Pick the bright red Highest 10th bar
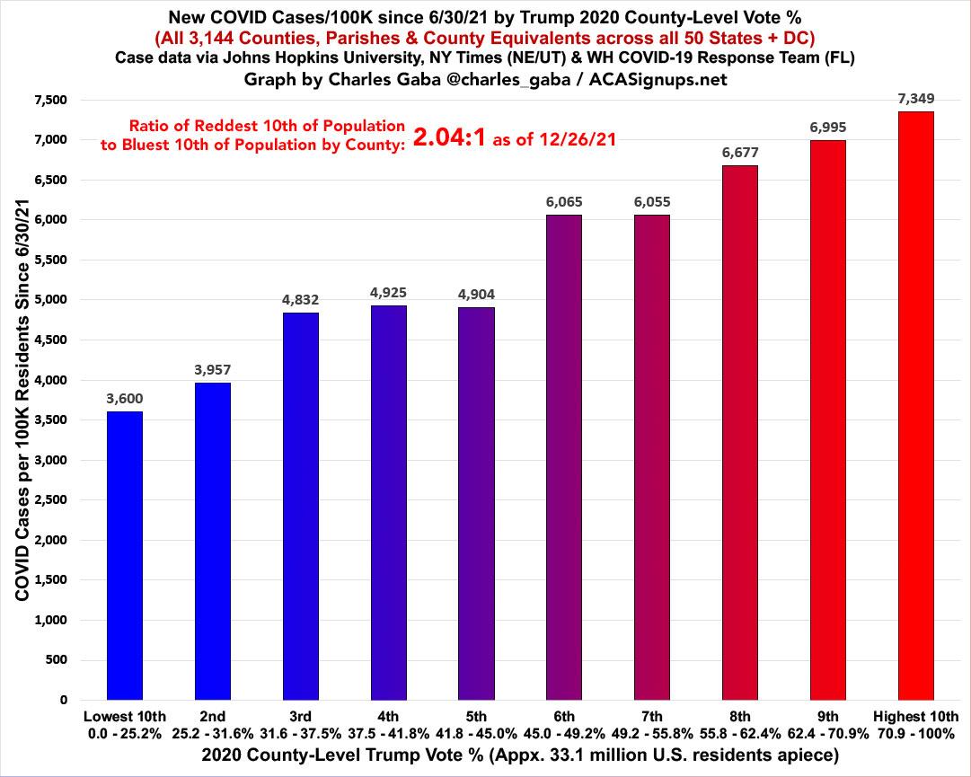coord(915,405)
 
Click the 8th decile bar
coord(739,432)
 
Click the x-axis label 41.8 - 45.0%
coord(476,732)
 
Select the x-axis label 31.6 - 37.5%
coord(300,732)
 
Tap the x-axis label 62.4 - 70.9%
coord(827,732)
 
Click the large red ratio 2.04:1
coord(449,137)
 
